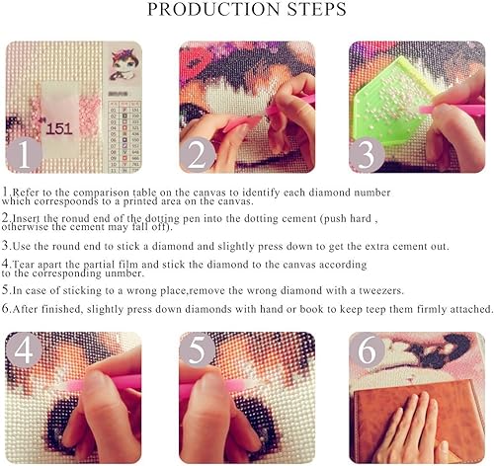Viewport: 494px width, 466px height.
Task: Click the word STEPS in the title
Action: point(317,9)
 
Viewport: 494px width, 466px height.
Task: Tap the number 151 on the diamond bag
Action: point(59,128)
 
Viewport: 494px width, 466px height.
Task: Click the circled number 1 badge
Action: point(24,155)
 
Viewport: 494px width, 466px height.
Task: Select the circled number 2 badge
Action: point(197,155)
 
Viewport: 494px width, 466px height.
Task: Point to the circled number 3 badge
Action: point(367,155)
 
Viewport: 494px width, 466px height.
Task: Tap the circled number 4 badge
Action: point(24,349)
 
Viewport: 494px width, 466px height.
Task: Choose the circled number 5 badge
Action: point(197,349)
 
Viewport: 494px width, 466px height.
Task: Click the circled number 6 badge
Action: point(367,349)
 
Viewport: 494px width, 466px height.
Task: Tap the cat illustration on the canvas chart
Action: point(123,64)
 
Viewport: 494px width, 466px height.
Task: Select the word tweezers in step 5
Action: point(381,291)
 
